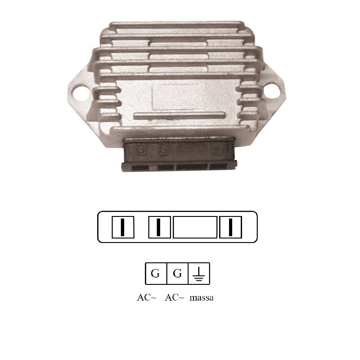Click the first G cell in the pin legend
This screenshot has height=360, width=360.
point(155,274)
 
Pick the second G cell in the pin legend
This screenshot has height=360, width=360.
point(177,274)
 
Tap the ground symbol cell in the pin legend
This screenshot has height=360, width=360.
point(198,274)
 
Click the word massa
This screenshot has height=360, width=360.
point(202,298)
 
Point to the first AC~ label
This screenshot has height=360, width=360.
point(146,298)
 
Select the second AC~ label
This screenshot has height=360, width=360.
point(175,298)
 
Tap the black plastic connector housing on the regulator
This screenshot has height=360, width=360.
point(178,155)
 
